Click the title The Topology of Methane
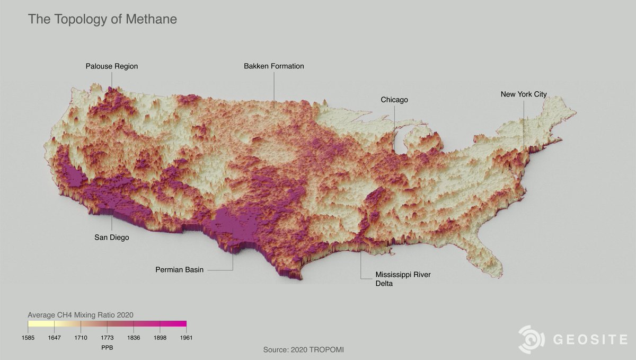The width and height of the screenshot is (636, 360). coord(102,20)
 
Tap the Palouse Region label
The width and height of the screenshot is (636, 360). coord(112,66)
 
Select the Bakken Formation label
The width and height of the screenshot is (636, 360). coord(274,66)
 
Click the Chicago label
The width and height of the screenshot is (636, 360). coord(394,100)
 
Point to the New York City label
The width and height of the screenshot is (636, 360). coord(524,94)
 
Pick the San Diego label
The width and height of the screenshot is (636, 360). coord(112,238)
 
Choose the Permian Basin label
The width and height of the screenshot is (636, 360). coord(179,270)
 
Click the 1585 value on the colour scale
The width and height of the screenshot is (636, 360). coord(28,338)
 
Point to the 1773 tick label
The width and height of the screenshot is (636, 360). coord(107,338)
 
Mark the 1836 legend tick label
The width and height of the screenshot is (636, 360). coord(134,338)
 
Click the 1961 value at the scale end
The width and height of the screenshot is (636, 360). coord(186,338)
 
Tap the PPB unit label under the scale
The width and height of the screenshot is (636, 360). coord(107,348)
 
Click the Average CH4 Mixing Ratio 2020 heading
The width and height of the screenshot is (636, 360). coord(80,314)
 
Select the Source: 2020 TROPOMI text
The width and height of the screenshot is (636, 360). coord(307,350)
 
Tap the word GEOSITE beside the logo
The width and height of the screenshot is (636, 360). coord(590,340)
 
